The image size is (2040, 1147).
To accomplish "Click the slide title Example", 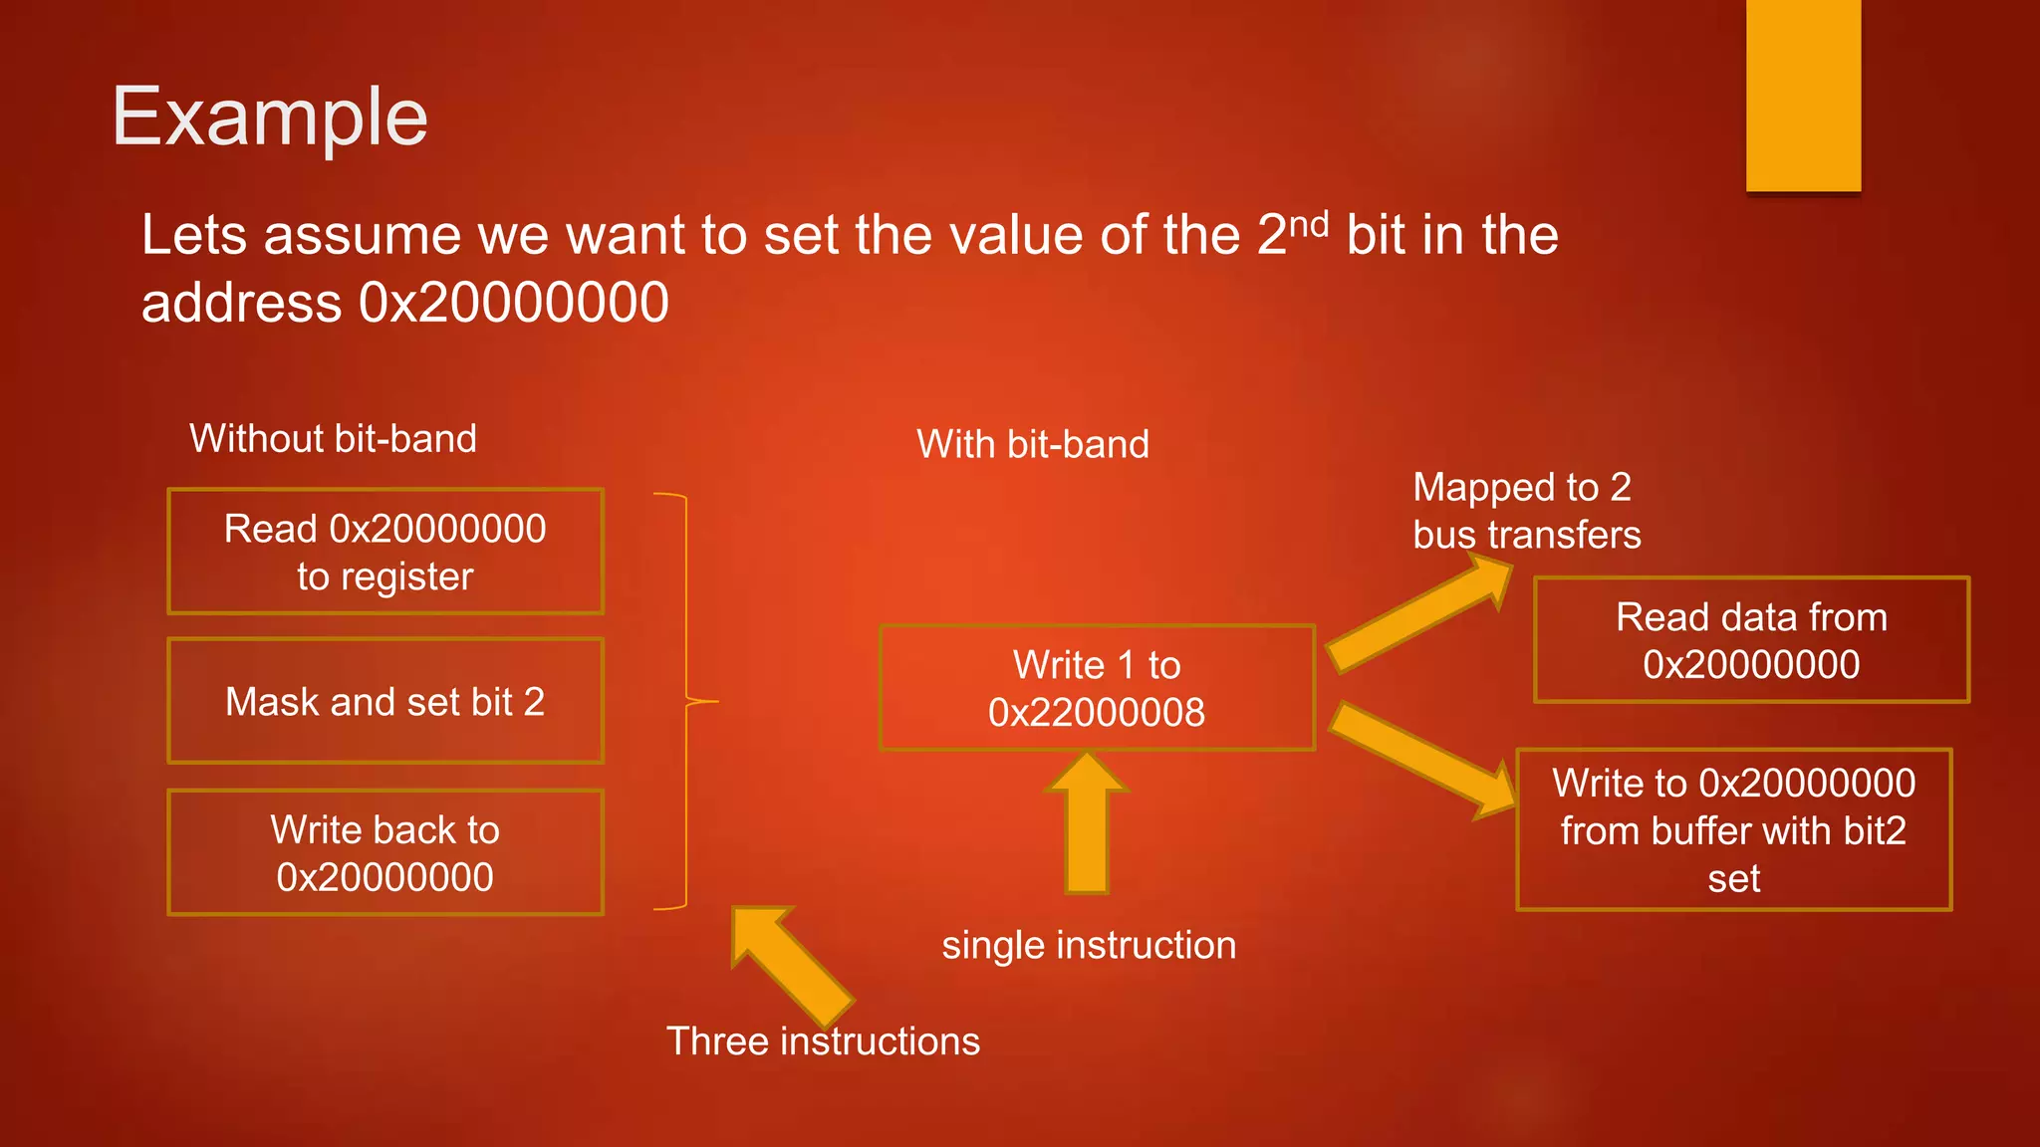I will [x=270, y=117].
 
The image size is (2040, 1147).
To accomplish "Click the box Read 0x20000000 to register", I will [x=385, y=552].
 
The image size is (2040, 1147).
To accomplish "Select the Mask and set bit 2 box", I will [x=385, y=702].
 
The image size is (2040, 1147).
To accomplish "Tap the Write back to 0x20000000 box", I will [x=385, y=853].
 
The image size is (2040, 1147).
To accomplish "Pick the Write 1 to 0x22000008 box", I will [x=1097, y=688].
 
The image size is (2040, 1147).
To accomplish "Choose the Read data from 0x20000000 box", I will [x=1751, y=640].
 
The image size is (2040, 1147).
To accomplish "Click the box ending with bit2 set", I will [x=1733, y=830].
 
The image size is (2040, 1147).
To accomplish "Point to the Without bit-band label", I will [x=333, y=439].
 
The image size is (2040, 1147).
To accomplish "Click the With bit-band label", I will [x=1033, y=444].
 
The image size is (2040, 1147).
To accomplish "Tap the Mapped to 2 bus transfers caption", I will [x=1526, y=511].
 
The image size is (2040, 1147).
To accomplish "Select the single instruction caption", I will [x=1089, y=945].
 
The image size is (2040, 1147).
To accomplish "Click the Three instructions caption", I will [x=823, y=1041].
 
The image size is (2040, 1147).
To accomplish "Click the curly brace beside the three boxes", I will [x=686, y=702].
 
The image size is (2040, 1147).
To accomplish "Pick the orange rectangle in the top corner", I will [x=1803, y=96].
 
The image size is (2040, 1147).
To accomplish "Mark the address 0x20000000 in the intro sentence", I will [x=514, y=303].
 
